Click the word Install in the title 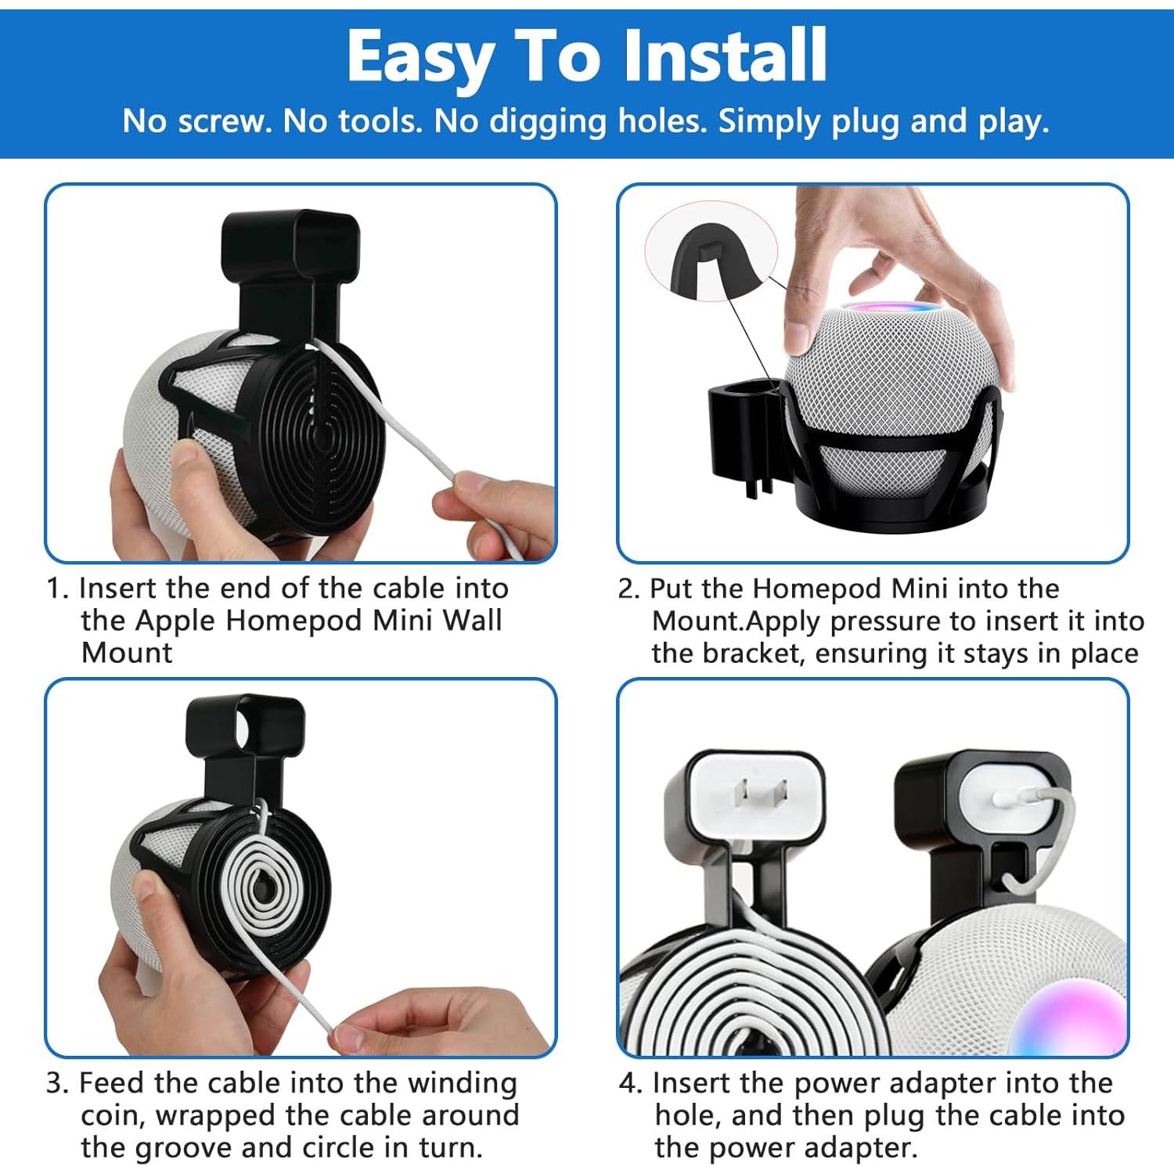tap(725, 56)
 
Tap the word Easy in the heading tap(420, 56)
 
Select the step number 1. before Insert tap(59, 589)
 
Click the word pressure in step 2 tap(885, 621)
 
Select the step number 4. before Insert tap(631, 1083)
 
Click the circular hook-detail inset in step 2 tap(711, 252)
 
